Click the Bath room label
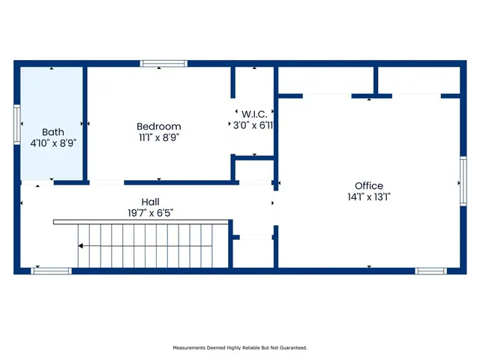(52, 131)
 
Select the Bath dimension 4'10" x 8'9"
(52, 142)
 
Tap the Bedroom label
(158, 127)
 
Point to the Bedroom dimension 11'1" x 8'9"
(158, 137)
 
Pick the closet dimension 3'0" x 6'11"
(253, 125)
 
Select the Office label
(369, 186)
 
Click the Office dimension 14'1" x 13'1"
(369, 197)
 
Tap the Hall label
(150, 202)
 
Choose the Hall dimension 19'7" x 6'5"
(150, 212)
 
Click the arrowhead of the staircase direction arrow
(81, 246)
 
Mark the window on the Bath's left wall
(16, 124)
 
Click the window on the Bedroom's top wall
(163, 64)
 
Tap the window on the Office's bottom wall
(431, 271)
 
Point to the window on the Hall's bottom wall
(51, 271)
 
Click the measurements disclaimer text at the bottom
(240, 348)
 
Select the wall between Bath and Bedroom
(85, 124)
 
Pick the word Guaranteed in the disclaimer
(291, 348)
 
